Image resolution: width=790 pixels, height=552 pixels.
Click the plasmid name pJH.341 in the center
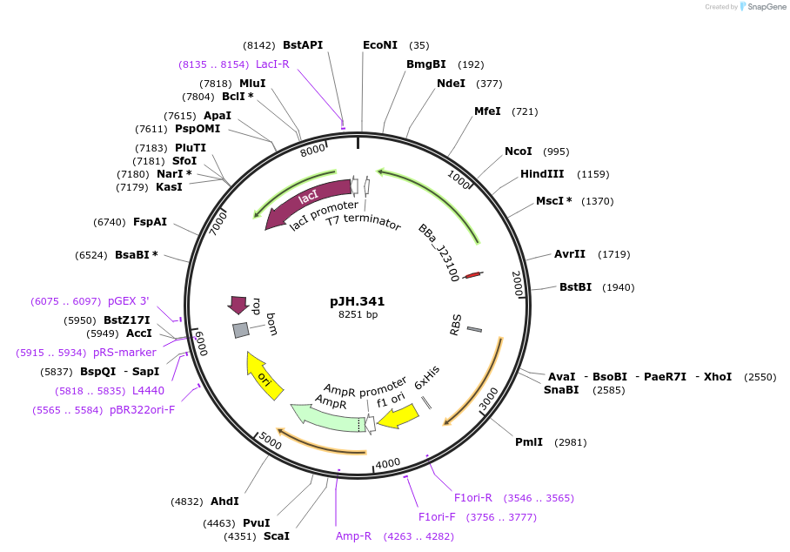(358, 301)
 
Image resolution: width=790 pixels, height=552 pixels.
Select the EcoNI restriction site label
(380, 45)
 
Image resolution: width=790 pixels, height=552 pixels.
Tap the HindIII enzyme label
(542, 174)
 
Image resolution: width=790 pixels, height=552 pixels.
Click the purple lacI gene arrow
(307, 202)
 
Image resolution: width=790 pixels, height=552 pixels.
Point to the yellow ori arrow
(264, 375)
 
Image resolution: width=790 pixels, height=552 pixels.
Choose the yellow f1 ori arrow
(398, 416)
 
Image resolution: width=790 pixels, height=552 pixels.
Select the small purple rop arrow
(238, 305)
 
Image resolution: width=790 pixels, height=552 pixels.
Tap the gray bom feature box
(241, 330)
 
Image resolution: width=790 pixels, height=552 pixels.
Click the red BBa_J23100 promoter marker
(473, 275)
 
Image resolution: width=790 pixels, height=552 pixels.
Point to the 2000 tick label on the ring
(518, 283)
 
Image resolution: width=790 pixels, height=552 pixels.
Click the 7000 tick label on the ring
(218, 223)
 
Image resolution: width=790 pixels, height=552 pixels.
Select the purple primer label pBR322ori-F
(142, 410)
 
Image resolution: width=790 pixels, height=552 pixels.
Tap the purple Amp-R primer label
(354, 535)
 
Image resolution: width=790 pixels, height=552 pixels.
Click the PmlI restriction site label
(529, 442)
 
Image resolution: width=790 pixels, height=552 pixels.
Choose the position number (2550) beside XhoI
(760, 377)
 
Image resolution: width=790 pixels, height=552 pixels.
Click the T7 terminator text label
(364, 221)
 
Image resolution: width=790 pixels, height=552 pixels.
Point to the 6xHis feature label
(426, 378)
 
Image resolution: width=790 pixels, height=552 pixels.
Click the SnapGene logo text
(767, 7)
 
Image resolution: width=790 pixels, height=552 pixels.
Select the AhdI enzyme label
(224, 502)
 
